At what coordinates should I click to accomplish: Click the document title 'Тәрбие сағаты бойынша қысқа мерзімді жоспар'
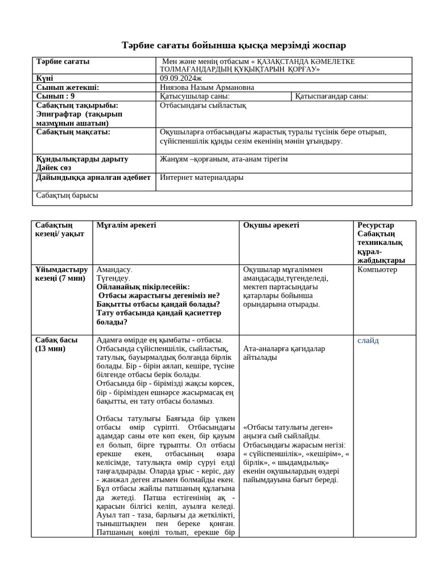[x=234, y=46]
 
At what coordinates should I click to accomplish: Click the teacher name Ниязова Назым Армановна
[x=207, y=88]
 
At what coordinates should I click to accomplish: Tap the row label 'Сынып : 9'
[x=55, y=96]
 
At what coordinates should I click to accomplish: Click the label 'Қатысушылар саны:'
[x=191, y=96]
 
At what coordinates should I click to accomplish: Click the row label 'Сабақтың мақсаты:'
[x=73, y=132]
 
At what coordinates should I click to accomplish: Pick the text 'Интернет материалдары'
[x=202, y=177]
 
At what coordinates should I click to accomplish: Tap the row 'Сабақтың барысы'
[x=67, y=195]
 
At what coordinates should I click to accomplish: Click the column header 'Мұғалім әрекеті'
[x=126, y=225]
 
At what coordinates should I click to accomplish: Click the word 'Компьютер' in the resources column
[x=377, y=270]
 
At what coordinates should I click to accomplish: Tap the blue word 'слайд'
[x=368, y=340]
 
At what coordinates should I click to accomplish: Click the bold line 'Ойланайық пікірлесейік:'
[x=143, y=287]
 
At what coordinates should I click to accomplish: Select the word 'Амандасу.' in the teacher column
[x=114, y=270]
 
